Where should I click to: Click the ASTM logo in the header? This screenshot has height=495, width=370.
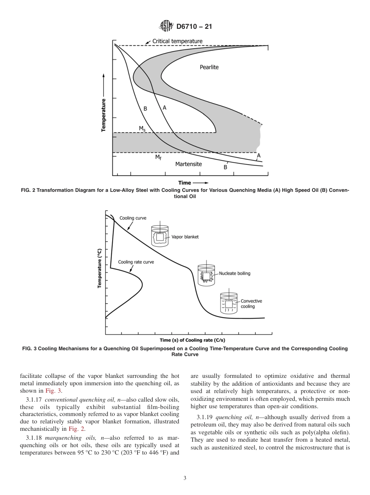[166, 26]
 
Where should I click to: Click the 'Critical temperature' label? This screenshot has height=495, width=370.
[177, 41]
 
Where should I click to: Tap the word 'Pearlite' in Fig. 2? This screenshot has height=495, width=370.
[209, 67]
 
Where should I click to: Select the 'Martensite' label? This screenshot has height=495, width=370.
[189, 164]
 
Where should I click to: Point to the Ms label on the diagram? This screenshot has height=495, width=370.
[142, 128]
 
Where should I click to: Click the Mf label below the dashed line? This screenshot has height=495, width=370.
[158, 157]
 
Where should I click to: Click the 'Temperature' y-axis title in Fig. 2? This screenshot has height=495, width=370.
[104, 115]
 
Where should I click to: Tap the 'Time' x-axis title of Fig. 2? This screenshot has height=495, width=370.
[185, 183]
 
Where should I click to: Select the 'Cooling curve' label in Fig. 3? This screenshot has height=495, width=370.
[133, 218]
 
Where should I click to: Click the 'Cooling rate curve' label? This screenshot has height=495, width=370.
[136, 262]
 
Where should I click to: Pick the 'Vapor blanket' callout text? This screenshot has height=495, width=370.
[185, 237]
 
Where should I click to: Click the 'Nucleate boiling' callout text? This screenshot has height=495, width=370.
[234, 273]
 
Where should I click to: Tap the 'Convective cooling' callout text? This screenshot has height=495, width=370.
[251, 304]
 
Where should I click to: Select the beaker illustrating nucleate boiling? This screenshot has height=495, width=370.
[206, 275]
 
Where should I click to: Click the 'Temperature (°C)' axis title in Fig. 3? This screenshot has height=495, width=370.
[100, 268]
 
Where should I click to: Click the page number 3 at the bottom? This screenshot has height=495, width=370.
[185, 478]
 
